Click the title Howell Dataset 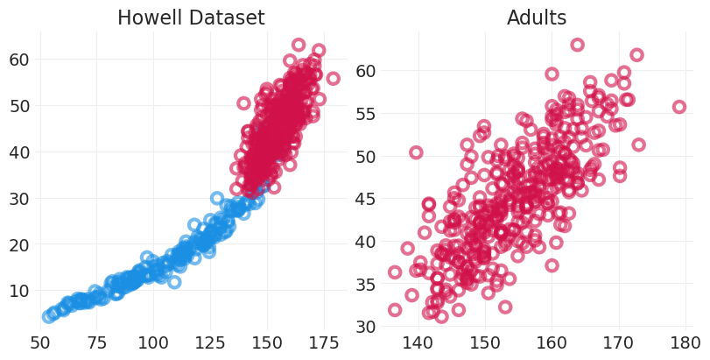tap(191, 18)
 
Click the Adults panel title tap(537, 18)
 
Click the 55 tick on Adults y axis tap(367, 113)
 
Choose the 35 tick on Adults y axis tap(367, 284)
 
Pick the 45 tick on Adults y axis tap(367, 199)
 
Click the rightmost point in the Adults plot tap(679, 107)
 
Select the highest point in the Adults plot tap(578, 45)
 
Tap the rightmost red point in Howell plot tap(333, 78)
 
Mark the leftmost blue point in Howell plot tap(49, 316)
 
